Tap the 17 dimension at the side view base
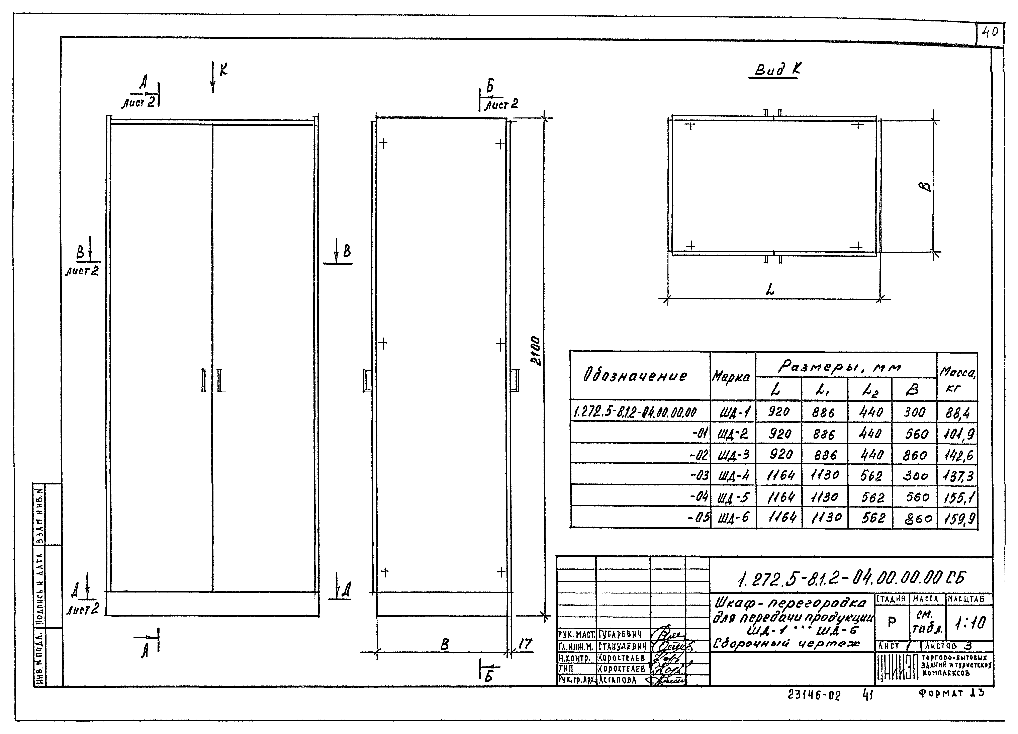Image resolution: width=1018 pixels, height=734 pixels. [x=525, y=644]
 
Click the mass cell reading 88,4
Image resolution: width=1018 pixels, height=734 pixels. [x=957, y=412]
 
